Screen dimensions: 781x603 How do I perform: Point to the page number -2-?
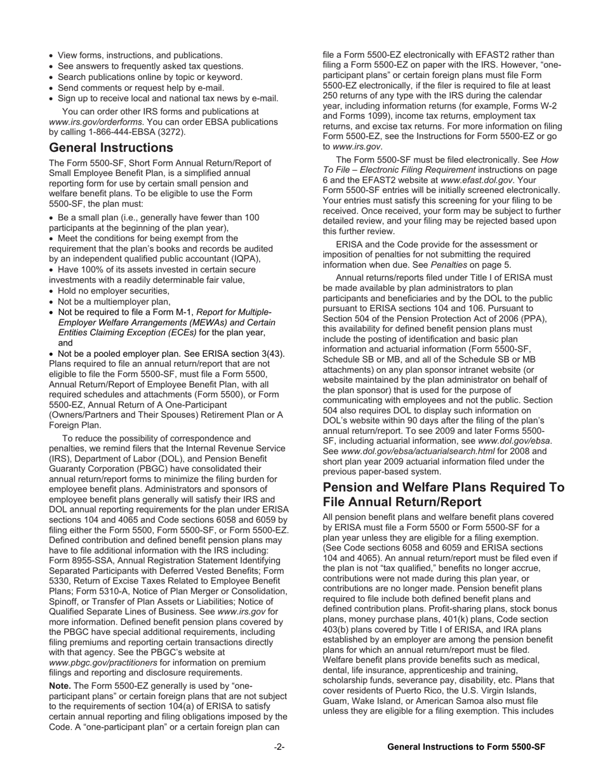pyautogui.click(x=279, y=747)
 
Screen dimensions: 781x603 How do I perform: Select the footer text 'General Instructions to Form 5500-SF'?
pyautogui.click(x=466, y=747)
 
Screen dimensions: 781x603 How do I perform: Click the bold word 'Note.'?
pyautogui.click(x=60, y=686)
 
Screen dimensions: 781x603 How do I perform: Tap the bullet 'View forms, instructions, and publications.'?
pyautogui.click(x=140, y=56)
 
